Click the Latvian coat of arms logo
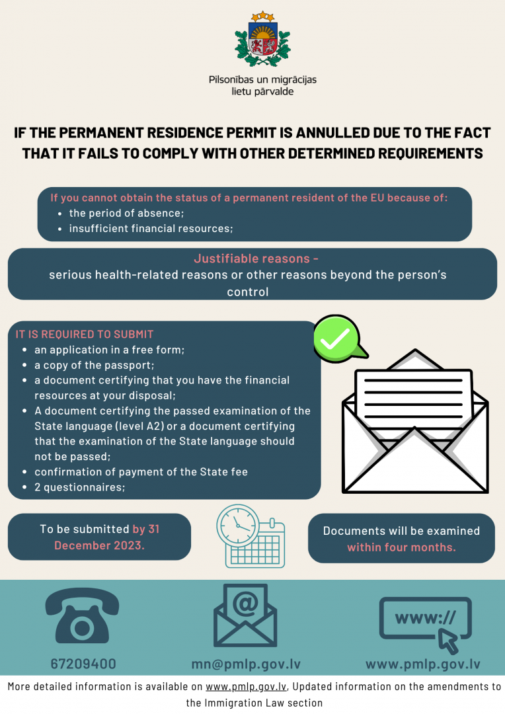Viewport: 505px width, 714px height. pyautogui.click(x=262, y=40)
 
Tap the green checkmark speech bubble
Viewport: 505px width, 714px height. pyautogui.click(x=339, y=338)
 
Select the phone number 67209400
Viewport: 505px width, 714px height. pyautogui.click(x=83, y=664)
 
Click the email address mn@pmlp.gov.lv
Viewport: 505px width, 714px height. pyautogui.click(x=246, y=664)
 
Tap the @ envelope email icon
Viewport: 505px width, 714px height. pyautogui.click(x=245, y=615)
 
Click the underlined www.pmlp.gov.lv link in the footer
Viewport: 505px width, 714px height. pyautogui.click(x=246, y=687)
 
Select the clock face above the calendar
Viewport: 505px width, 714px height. pyautogui.click(x=238, y=526)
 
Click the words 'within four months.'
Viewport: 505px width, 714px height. pyautogui.click(x=402, y=547)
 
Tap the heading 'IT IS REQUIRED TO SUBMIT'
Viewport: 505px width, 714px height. pyautogui.click(x=85, y=335)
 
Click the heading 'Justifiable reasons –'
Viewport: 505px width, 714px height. pyautogui.click(x=256, y=258)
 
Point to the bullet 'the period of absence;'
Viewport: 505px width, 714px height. pyautogui.click(x=127, y=213)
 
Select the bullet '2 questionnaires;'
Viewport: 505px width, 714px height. pyautogui.click(x=80, y=487)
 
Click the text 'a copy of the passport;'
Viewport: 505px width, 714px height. pyautogui.click(x=95, y=365)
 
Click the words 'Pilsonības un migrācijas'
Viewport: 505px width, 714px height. pyautogui.click(x=263, y=80)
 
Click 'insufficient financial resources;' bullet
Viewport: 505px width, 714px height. pyautogui.click(x=151, y=229)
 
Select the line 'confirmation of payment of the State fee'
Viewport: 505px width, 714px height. pyautogui.click(x=141, y=472)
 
